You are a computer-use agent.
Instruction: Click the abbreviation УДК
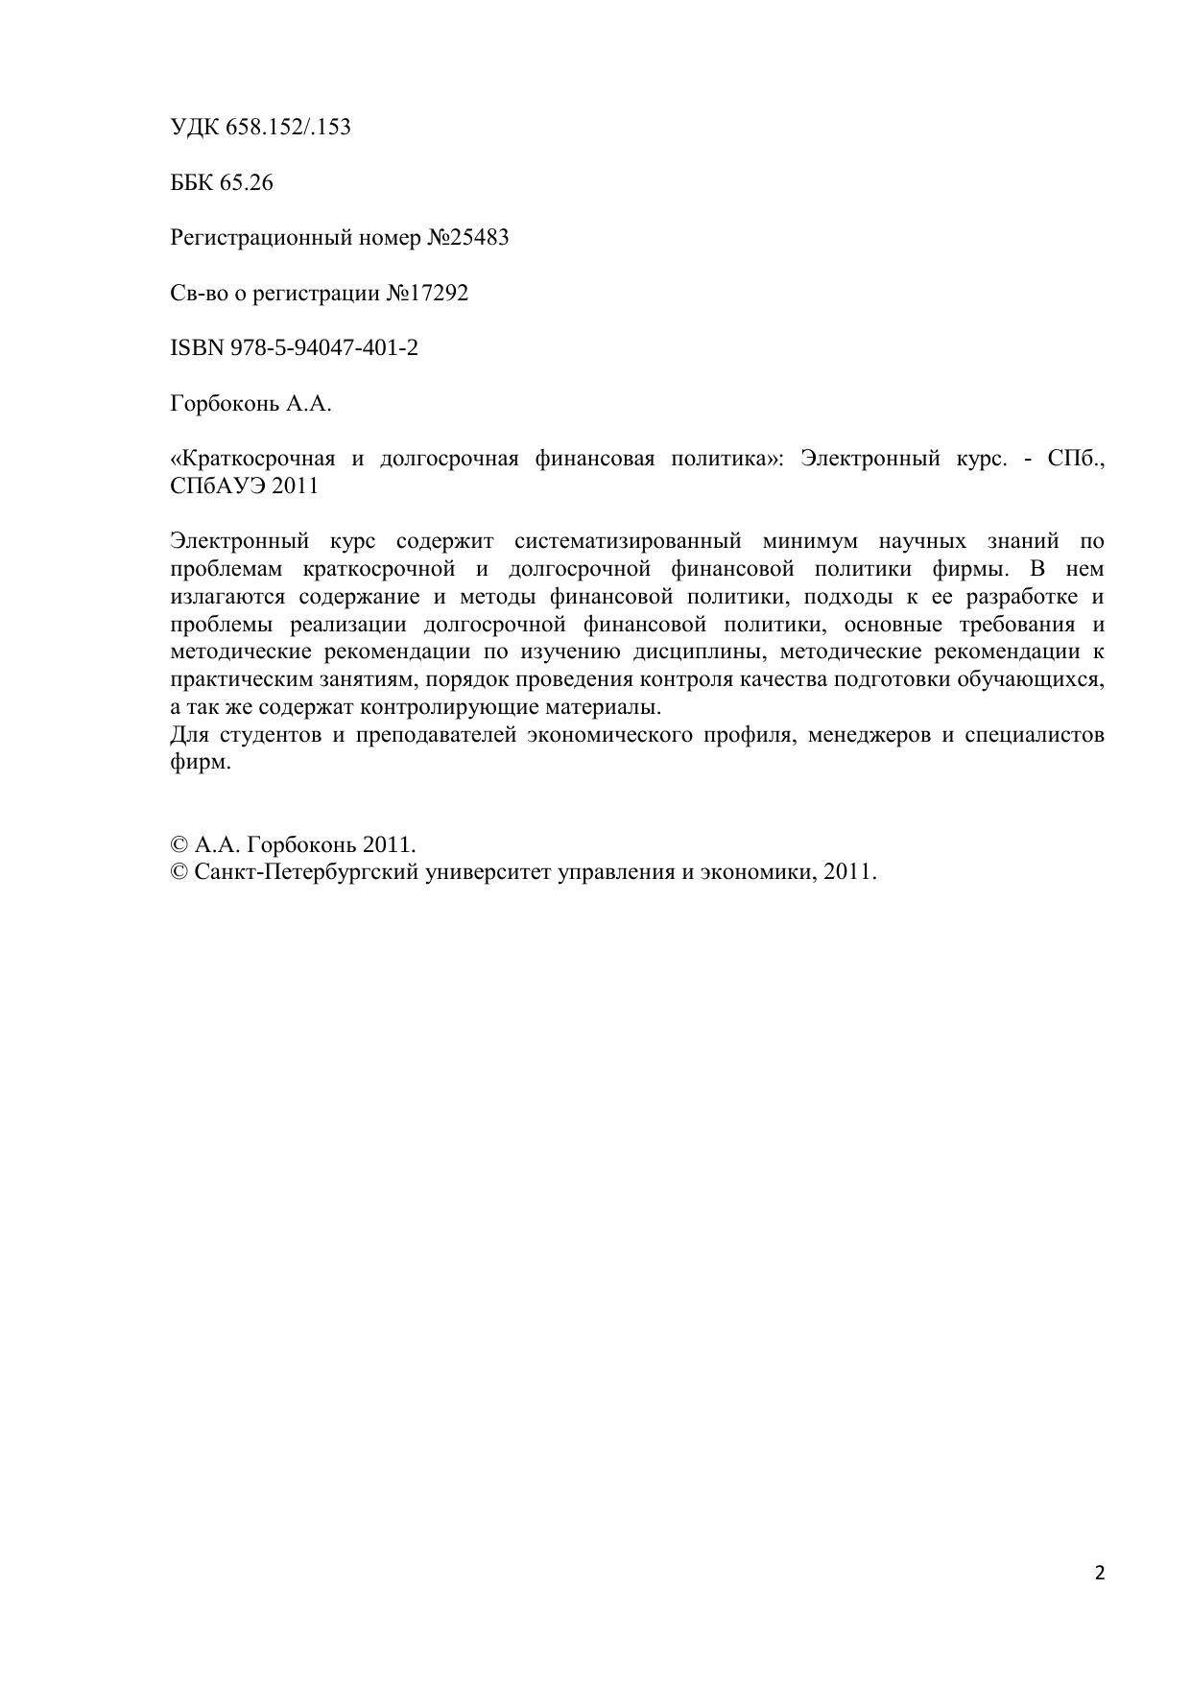pos(195,127)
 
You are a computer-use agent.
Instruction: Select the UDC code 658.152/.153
pos(288,127)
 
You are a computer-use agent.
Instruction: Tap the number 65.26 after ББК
pos(247,182)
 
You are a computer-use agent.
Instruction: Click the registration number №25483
pos(467,237)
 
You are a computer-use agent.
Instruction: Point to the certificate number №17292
pos(427,293)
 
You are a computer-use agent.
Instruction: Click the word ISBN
pos(197,347)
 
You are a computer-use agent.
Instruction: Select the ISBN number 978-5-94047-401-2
pos(324,347)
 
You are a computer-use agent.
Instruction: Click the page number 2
pos(1100,1573)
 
